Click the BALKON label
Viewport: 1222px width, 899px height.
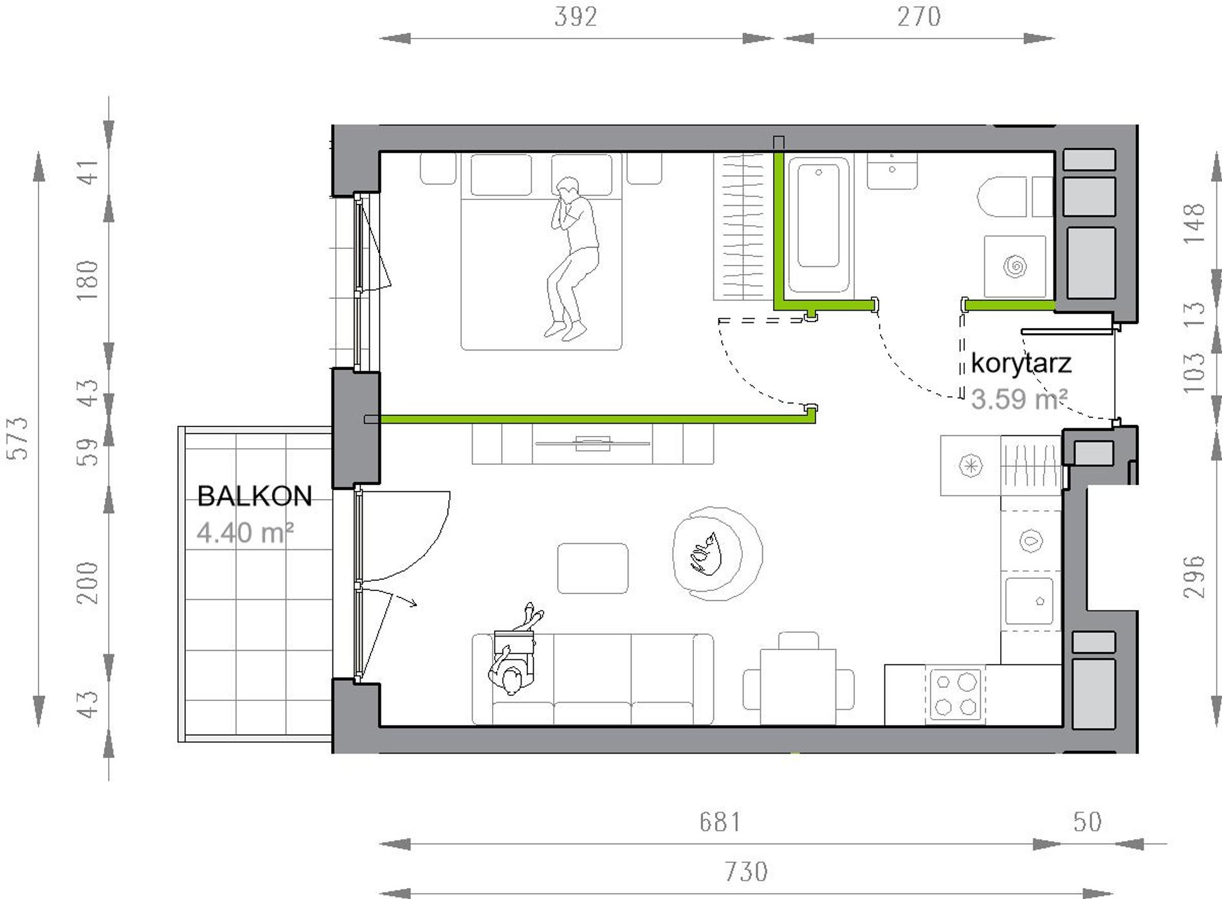[255, 496]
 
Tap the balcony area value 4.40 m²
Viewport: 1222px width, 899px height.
[245, 532]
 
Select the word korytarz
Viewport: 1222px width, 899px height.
[1021, 364]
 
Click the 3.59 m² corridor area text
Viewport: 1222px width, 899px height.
[1019, 399]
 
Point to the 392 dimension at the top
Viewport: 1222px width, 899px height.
[576, 17]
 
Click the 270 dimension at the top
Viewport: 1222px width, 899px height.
[919, 17]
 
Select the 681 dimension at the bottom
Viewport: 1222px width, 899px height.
[720, 822]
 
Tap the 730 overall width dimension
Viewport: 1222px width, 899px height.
[746, 872]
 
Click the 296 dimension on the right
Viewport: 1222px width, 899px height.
[1194, 576]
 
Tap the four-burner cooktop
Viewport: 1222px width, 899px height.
[955, 695]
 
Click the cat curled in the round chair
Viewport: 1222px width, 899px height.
[705, 554]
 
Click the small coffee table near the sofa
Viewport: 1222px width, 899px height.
[592, 568]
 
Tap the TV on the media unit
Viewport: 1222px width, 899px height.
[592, 442]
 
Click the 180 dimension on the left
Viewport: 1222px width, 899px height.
[87, 280]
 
